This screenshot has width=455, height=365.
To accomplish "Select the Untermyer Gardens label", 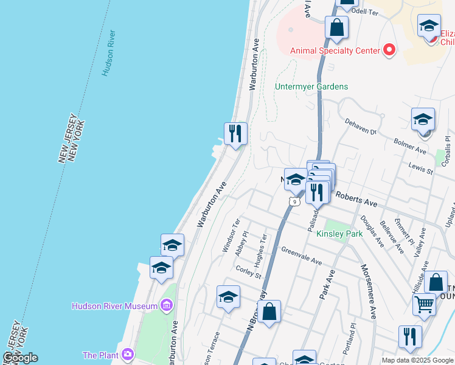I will coord(311,86).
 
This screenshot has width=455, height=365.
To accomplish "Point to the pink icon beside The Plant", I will coord(127,354).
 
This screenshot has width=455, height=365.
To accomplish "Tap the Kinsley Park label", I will coord(339,234).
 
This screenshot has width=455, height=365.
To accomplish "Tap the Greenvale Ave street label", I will coord(301,255).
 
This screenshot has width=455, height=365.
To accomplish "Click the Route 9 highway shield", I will coord(294,201).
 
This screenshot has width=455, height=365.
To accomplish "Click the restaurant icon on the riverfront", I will coord(235,133).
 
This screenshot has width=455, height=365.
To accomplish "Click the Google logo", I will coord(20,358).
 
